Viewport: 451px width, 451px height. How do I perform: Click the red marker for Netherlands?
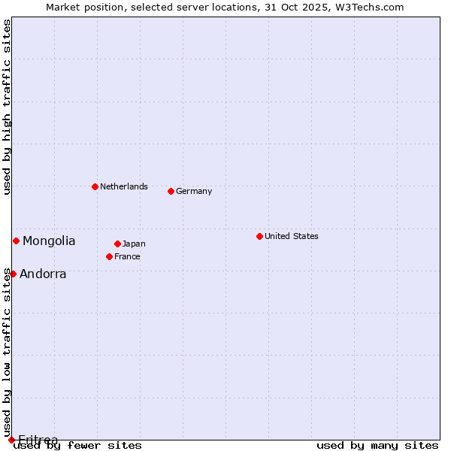(x=95, y=186)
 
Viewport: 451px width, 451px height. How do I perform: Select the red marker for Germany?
(x=171, y=191)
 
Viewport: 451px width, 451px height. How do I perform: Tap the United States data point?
(x=259, y=236)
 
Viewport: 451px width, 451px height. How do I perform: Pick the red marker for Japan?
(x=117, y=244)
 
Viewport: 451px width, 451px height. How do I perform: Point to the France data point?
(x=109, y=256)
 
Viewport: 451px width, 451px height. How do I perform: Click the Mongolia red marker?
(x=16, y=241)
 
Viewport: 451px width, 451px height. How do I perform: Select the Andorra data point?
(x=13, y=274)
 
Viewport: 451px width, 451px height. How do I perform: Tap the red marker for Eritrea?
(x=11, y=440)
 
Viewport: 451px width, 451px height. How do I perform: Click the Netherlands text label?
(x=123, y=186)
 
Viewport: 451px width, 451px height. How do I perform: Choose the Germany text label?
(x=194, y=191)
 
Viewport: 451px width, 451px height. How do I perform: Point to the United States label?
(x=291, y=236)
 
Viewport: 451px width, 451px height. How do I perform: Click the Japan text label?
(x=134, y=244)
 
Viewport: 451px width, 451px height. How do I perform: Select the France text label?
(x=127, y=256)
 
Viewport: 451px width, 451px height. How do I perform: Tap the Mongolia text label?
(x=49, y=241)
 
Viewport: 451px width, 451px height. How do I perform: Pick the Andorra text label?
(x=43, y=274)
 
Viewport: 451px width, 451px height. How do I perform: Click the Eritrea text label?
(x=38, y=439)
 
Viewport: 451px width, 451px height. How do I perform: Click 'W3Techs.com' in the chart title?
(x=371, y=7)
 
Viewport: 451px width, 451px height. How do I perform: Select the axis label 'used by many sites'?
(x=377, y=445)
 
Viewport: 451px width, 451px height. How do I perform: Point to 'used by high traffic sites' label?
(x=7, y=107)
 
